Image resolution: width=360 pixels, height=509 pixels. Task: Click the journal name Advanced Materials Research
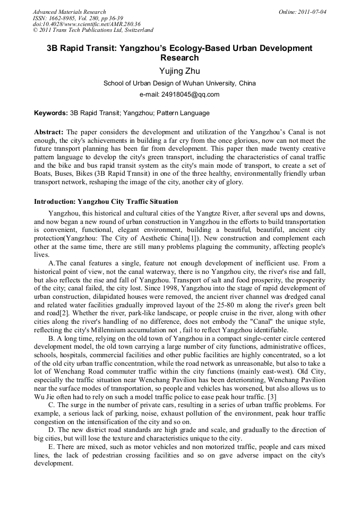click(x=70, y=12)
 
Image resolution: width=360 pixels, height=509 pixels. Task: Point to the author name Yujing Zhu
click(x=179, y=71)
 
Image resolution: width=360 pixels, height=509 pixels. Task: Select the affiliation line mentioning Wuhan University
click(x=179, y=83)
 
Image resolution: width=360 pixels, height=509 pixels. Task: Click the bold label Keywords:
click(x=51, y=113)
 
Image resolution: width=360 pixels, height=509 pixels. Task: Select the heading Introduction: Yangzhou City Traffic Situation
click(x=106, y=202)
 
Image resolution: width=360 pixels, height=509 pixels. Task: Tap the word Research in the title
click(x=179, y=58)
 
